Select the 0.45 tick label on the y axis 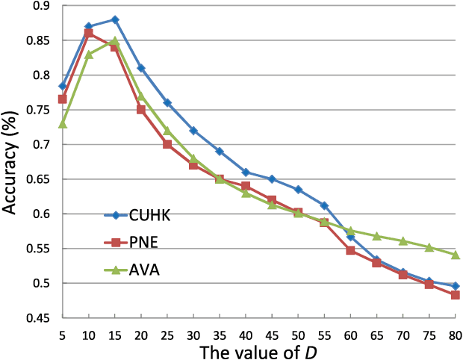(x=34, y=318)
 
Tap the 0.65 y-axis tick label (x=34, y=179)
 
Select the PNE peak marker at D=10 (x=89, y=34)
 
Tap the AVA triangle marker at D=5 (x=63, y=123)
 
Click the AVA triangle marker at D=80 (x=456, y=255)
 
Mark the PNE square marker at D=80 (x=456, y=295)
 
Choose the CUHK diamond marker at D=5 (x=63, y=87)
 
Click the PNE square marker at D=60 (x=350, y=250)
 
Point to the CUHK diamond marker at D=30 (x=193, y=131)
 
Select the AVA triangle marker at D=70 (x=403, y=241)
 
